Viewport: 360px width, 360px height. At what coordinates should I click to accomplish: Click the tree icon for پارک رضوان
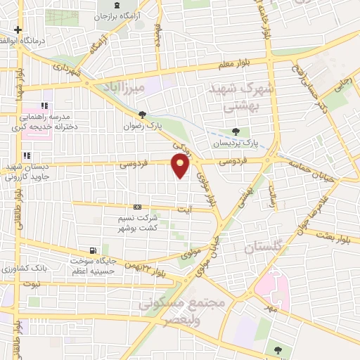tap(142, 115)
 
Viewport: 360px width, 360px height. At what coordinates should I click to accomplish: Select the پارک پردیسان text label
tap(237, 141)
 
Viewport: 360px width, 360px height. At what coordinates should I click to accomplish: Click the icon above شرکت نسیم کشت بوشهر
tap(137, 207)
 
